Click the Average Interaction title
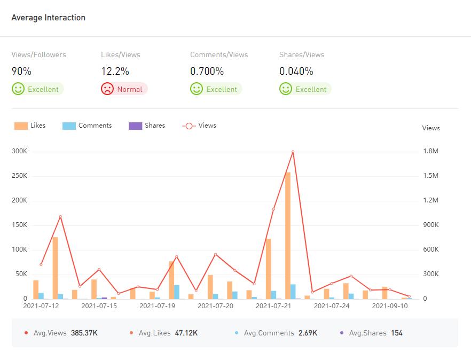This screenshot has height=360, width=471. [48, 18]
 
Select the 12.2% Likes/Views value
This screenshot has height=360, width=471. [115, 71]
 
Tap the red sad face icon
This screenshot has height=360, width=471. [107, 89]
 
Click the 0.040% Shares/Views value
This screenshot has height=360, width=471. [296, 71]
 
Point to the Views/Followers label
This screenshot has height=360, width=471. [38, 54]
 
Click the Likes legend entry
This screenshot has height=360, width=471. [30, 126]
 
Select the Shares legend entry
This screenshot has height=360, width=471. [147, 126]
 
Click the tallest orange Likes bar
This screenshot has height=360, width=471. [288, 235]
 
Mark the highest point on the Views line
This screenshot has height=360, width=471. [293, 152]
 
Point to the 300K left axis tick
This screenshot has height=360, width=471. [19, 151]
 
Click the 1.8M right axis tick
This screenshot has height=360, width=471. [430, 151]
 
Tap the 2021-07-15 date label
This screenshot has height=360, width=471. [99, 306]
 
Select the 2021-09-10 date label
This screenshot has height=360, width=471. [390, 306]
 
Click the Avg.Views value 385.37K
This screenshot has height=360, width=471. [84, 333]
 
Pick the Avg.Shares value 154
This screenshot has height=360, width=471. [396, 333]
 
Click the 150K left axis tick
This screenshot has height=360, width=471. [19, 225]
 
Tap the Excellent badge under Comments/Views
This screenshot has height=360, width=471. [216, 89]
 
